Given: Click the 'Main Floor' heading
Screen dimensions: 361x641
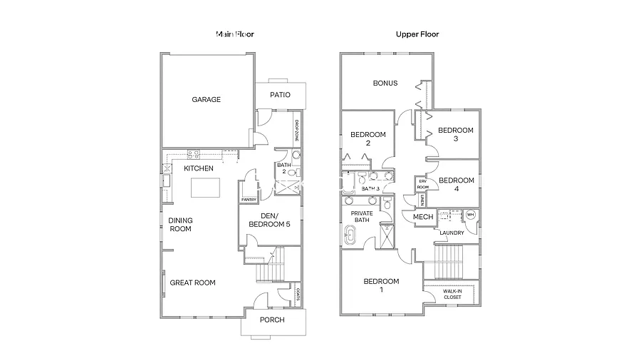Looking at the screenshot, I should click(235, 34).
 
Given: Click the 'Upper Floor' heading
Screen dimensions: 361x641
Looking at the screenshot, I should click(417, 34).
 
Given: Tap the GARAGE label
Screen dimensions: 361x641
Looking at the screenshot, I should click(206, 100).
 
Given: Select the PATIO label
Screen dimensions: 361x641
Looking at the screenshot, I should click(280, 95).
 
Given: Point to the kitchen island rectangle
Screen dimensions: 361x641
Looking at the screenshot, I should click(206, 188).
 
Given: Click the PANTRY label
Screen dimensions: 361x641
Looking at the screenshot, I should click(249, 200).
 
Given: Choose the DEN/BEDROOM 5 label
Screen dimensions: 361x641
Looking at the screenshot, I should click(269, 220).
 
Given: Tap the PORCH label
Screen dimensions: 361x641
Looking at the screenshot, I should click(271, 320).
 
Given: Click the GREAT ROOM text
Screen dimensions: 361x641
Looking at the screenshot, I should click(192, 283).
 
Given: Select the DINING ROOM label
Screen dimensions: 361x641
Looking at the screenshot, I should click(180, 225).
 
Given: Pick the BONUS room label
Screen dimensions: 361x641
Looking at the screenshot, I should click(385, 83).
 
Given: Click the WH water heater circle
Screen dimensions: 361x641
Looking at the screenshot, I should click(470, 215).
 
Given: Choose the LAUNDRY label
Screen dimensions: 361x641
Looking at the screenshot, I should click(452, 233).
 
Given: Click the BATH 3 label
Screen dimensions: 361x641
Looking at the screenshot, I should click(370, 188).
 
